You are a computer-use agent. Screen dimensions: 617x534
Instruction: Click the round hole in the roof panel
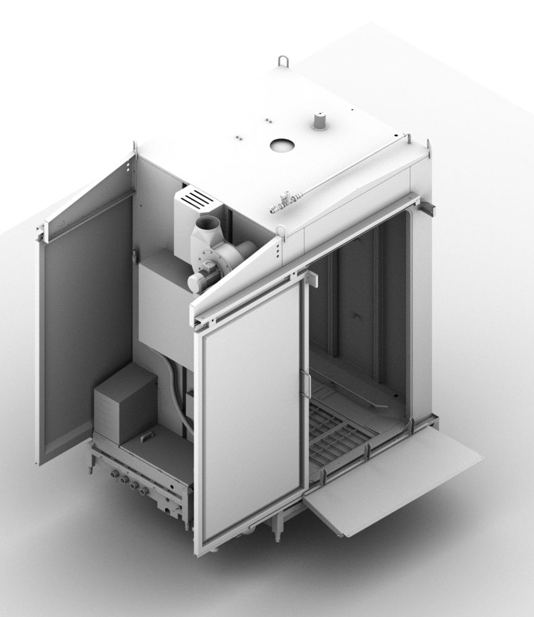pyautogui.click(x=282, y=145)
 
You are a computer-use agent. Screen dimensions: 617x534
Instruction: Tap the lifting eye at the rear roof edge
pyautogui.click(x=284, y=62)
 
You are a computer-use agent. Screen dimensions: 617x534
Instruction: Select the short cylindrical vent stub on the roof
pyautogui.click(x=319, y=121)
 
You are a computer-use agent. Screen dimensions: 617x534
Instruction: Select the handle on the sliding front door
pyautogui.click(x=305, y=384)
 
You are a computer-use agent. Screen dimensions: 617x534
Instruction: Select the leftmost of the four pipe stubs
pyautogui.click(x=114, y=474)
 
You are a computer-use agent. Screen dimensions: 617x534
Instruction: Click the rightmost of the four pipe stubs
pyautogui.click(x=144, y=491)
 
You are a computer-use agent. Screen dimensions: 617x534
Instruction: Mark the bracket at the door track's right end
pyautogui.click(x=428, y=208)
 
